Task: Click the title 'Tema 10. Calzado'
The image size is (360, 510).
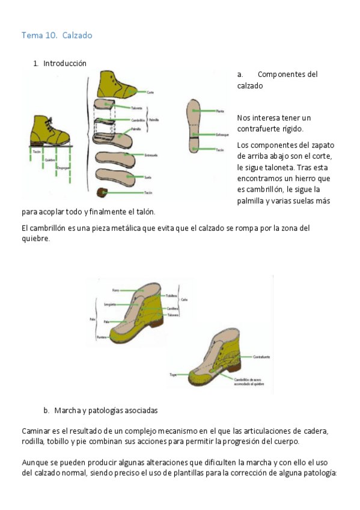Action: pos(56,35)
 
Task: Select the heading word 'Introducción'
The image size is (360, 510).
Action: pos(64,63)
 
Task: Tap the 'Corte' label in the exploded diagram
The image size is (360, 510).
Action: pos(150,92)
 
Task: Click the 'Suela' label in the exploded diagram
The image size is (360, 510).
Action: pos(147,177)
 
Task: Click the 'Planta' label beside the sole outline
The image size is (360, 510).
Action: pos(221,111)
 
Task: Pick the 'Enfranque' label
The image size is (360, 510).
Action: pos(223,135)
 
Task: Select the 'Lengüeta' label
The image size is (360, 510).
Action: pos(109,304)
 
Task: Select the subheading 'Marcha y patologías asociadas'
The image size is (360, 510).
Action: pos(105,411)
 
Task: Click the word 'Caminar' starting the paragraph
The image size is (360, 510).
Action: pos(35,432)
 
